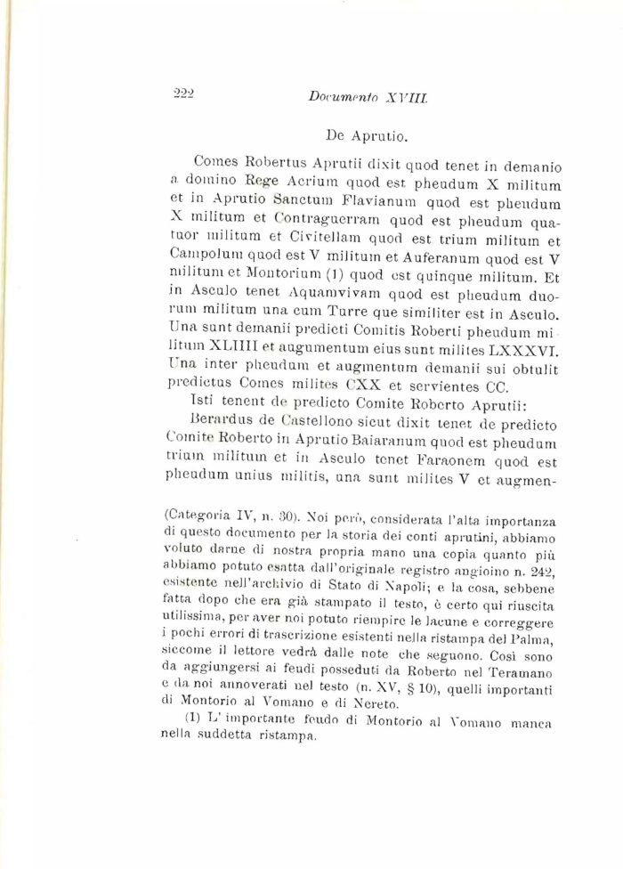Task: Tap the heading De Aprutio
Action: coord(367,136)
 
